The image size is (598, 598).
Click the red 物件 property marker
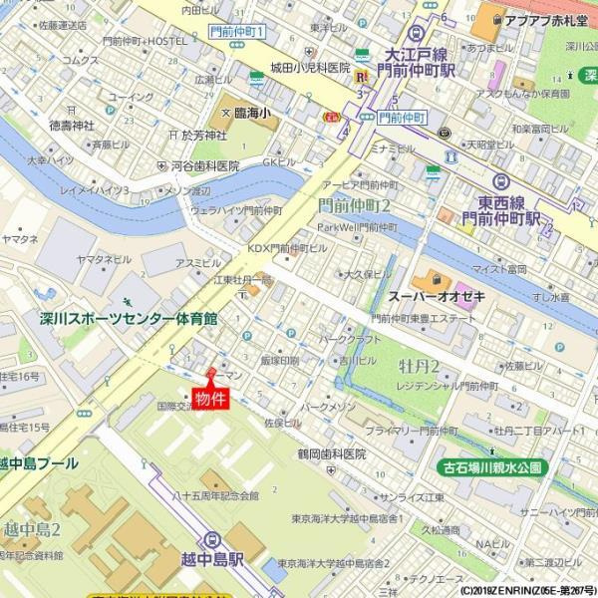click(209, 399)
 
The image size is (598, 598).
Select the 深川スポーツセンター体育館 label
click(129, 319)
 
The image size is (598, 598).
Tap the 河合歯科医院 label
click(204, 165)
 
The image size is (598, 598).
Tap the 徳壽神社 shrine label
click(70, 126)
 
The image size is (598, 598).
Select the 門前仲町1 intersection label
click(237, 33)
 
